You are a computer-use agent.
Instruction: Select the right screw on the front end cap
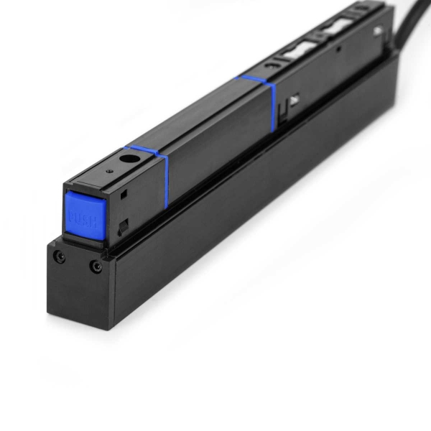tap(96, 267)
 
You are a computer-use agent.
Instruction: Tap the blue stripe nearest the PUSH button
tap(164, 176)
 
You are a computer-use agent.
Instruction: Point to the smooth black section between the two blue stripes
tap(215, 133)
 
